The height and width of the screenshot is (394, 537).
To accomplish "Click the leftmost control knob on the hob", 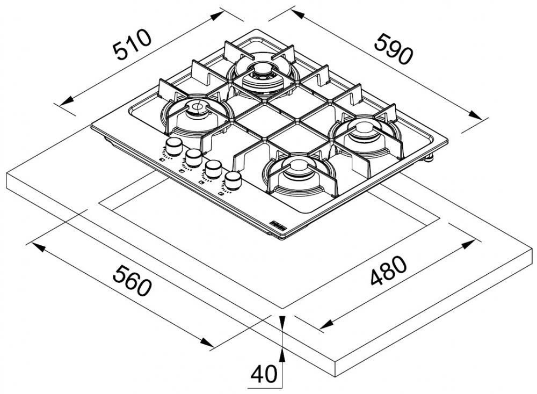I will pyautogui.click(x=174, y=145).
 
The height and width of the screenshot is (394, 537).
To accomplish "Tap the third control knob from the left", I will pyautogui.click(x=213, y=168).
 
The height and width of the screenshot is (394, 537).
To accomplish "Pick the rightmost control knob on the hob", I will pyautogui.click(x=233, y=180).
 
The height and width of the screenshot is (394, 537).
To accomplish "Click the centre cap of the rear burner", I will pyautogui.click(x=263, y=69).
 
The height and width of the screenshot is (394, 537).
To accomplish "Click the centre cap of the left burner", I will pyautogui.click(x=195, y=108).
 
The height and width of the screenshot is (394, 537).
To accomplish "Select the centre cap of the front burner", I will pyautogui.click(x=294, y=164).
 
